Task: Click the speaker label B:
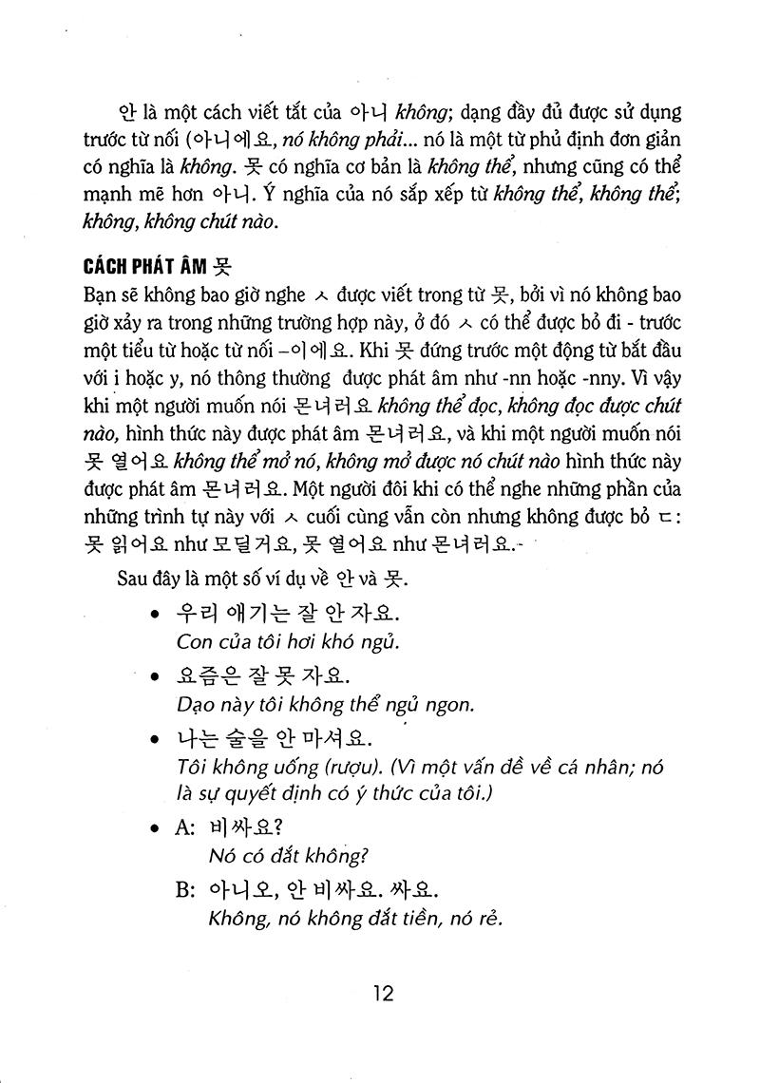point(185,890)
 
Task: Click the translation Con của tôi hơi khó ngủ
point(287,641)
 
